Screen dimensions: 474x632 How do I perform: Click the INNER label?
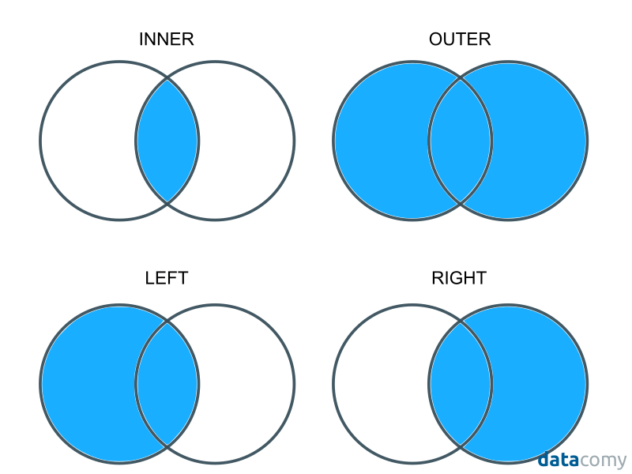coord(166,39)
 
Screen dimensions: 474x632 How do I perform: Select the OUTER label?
coord(460,39)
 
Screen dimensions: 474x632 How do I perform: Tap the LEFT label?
coord(167,278)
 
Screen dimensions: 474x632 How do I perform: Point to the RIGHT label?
coord(459,278)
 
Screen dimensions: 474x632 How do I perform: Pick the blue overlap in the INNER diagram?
coord(167,141)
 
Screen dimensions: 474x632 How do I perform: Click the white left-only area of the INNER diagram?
coord(87,141)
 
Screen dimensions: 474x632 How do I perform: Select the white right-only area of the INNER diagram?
coord(246,141)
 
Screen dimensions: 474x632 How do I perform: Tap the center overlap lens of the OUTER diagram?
coord(461,141)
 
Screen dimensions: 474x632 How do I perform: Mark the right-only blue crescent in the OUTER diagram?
coord(540,141)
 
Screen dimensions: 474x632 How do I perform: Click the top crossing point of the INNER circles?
coord(167,79)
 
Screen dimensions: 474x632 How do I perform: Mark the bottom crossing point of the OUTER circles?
coord(461,203)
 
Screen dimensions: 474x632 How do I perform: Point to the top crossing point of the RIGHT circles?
coord(461,322)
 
